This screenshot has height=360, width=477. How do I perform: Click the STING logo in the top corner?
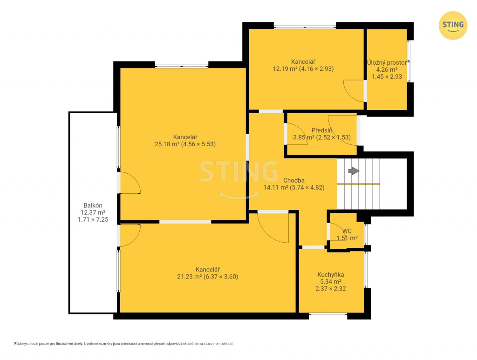[x=453, y=26]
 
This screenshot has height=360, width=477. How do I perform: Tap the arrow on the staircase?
[x=354, y=171]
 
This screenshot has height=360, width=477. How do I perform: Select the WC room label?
[x=347, y=231]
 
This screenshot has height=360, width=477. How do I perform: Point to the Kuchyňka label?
[x=331, y=275]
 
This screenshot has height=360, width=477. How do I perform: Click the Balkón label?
[x=93, y=205]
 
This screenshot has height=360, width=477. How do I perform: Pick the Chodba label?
[x=294, y=180]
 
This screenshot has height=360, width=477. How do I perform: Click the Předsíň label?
[x=321, y=130]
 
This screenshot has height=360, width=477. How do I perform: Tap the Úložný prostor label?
[x=387, y=62]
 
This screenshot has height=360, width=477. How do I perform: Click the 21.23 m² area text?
[x=189, y=277]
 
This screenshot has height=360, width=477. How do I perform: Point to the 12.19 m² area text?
[x=285, y=69]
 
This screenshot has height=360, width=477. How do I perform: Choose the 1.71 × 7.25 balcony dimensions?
[x=93, y=219]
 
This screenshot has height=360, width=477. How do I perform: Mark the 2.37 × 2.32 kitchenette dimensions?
[x=331, y=289]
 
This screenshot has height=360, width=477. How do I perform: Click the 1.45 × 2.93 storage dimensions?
[x=387, y=77]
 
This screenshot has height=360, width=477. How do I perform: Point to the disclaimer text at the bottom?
[x=124, y=344]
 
